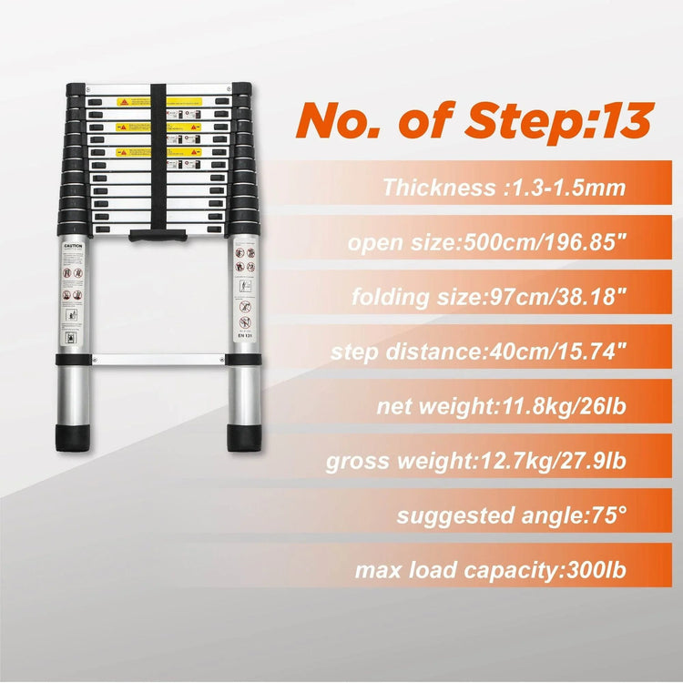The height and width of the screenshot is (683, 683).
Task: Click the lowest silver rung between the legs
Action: [158, 360]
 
